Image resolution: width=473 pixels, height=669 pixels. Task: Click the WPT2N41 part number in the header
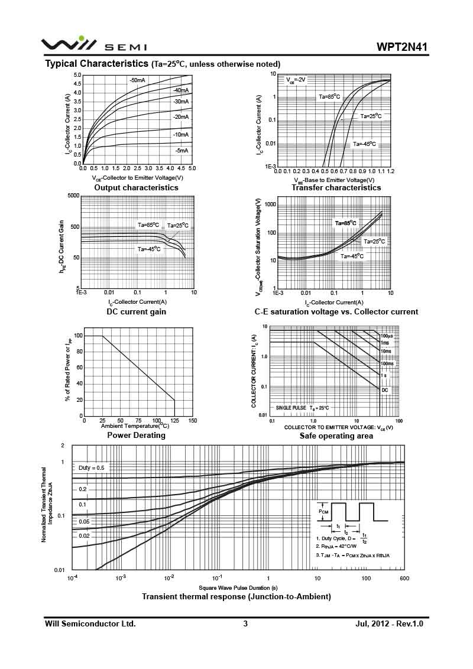401,47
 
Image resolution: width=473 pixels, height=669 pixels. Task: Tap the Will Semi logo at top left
94,45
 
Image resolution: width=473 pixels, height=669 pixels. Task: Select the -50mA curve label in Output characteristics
137,80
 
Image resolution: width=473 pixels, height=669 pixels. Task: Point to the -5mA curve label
181,151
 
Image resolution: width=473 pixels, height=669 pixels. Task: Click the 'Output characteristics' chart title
136,187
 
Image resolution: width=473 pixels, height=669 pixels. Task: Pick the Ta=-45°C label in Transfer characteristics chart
364,144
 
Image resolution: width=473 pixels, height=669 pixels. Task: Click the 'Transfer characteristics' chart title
336,187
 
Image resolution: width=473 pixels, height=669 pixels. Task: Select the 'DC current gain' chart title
136,311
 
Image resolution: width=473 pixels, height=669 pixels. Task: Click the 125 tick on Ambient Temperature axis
157,421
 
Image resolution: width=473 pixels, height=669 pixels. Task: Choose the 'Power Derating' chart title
136,436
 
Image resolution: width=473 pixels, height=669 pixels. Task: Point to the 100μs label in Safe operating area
387,336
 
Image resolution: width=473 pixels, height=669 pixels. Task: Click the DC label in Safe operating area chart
384,390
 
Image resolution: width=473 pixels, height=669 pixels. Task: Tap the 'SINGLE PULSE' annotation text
290,408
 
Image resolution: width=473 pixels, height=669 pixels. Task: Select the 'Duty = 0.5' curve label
91,467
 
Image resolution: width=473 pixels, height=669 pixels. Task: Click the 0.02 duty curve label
83,535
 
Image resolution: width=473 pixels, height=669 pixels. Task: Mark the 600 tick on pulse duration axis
404,578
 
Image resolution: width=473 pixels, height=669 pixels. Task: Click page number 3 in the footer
245,623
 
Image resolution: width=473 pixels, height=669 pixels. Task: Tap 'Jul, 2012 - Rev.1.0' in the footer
390,623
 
